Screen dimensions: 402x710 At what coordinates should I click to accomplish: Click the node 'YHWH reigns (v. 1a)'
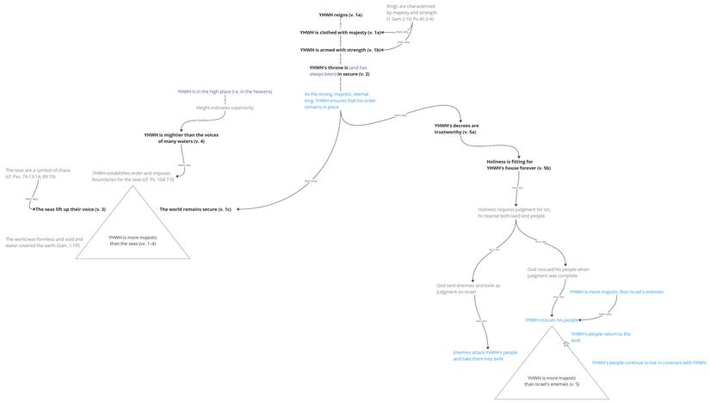[340, 15]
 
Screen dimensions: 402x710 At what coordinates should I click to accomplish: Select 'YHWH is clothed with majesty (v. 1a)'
[340, 33]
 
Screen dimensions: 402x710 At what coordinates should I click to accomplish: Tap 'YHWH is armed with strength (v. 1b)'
[340, 50]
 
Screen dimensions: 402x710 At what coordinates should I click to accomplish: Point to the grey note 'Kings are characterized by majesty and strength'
[411, 13]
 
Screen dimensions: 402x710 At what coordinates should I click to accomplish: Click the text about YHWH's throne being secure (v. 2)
[339, 71]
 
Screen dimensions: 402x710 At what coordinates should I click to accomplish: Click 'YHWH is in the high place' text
[225, 91]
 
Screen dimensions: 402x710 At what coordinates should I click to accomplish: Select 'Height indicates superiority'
[225, 108]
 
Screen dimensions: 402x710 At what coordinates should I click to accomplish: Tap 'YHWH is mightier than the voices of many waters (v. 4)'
[180, 138]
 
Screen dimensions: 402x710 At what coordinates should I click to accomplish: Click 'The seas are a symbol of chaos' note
[31, 173]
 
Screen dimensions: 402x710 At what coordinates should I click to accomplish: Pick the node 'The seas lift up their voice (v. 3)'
[70, 209]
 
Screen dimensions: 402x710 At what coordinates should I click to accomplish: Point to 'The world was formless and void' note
[43, 242]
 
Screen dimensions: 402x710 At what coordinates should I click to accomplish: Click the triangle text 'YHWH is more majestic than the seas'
[132, 240]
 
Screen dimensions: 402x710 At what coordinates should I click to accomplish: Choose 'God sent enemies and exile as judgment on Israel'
[468, 288]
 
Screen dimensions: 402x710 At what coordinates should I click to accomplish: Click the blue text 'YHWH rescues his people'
[552, 319]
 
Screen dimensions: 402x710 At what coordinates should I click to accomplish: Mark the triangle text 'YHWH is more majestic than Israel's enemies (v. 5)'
[552, 380]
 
